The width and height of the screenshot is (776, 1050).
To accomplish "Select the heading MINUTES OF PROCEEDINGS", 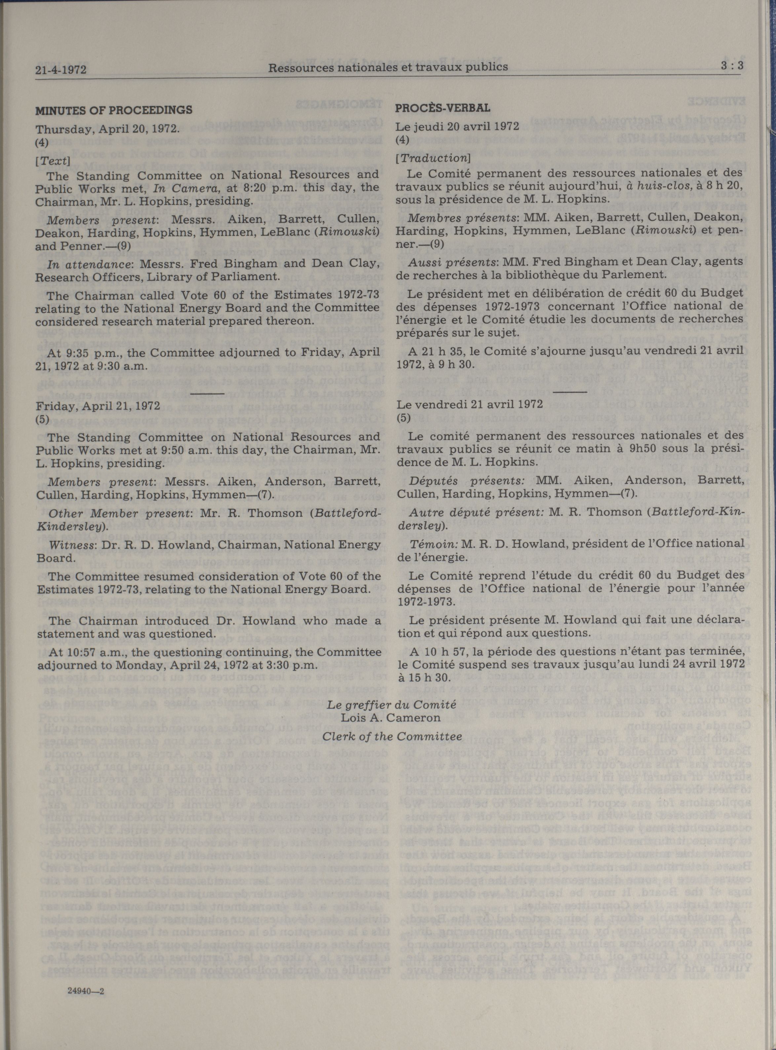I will coord(114,110).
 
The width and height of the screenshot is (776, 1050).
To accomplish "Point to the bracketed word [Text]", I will coord(53,162).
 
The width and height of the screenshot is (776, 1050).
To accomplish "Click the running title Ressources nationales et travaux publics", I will coord(388,67).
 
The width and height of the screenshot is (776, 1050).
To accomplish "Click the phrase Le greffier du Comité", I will coord(392,704).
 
